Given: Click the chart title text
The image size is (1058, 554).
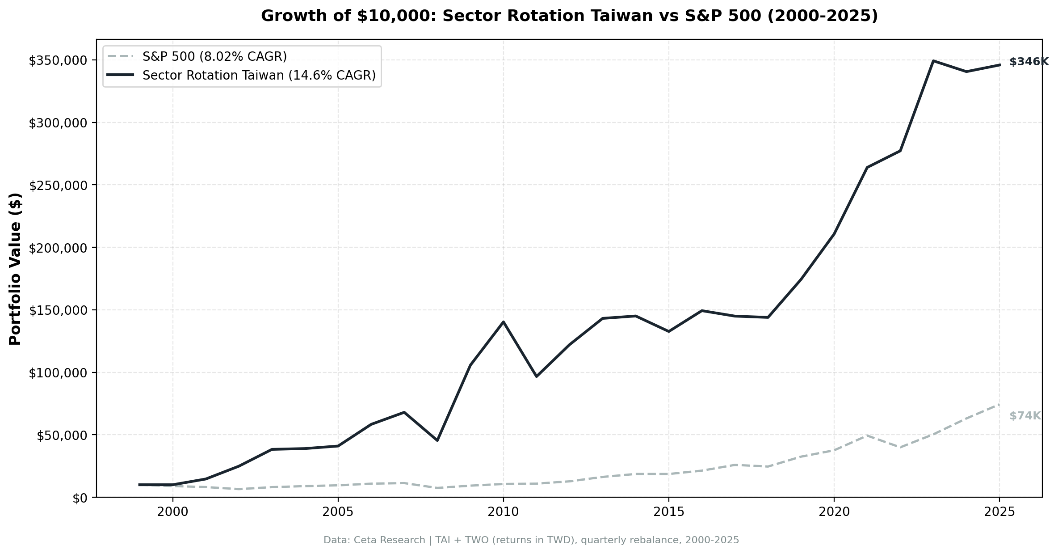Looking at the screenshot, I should pyautogui.click(x=569, y=16).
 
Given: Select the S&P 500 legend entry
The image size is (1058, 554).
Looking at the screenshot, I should pyautogui.click(x=214, y=57).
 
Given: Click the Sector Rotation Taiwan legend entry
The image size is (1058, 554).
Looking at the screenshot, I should pyautogui.click(x=259, y=76).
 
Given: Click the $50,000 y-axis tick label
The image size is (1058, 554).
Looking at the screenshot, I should pyautogui.click(x=66, y=436).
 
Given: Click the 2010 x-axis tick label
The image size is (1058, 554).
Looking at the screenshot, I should pyautogui.click(x=503, y=512).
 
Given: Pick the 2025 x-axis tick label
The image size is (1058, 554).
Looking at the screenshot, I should pyautogui.click(x=999, y=512).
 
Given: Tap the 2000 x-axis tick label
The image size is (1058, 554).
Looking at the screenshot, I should pyautogui.click(x=172, y=512).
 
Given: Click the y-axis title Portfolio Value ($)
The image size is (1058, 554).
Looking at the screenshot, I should pyautogui.click(x=15, y=269).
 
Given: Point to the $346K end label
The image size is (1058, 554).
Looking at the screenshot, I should pyautogui.click(x=1029, y=62).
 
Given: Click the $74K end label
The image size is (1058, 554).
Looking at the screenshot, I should pyautogui.click(x=1025, y=416).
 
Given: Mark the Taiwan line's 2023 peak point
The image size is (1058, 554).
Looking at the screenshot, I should pyautogui.click(x=933, y=61).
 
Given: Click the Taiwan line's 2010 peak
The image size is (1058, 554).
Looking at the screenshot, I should pyautogui.click(x=503, y=322).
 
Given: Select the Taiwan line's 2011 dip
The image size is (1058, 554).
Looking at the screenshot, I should pyautogui.click(x=536, y=376).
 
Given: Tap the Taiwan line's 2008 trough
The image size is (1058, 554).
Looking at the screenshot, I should pyautogui.click(x=437, y=440).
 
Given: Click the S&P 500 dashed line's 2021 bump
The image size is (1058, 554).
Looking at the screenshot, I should pyautogui.click(x=867, y=435).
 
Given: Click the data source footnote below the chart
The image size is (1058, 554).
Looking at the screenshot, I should pyautogui.click(x=531, y=540).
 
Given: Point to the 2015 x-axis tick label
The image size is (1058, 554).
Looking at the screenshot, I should pyautogui.click(x=668, y=512).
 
